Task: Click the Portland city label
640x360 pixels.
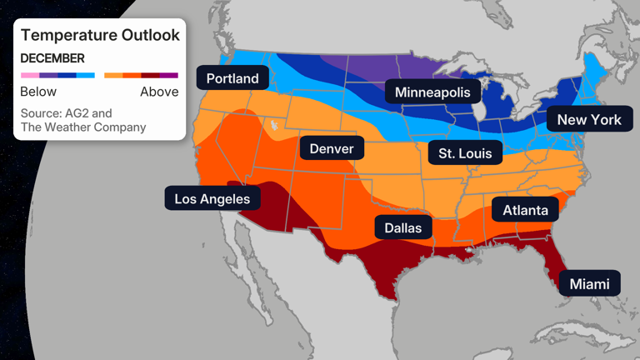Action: point(232,79)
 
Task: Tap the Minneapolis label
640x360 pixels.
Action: point(432,92)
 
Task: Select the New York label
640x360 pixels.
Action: point(589,119)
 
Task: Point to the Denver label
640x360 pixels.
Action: point(332,149)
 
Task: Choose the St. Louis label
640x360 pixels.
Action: point(465,153)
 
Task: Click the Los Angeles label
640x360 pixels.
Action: point(212,198)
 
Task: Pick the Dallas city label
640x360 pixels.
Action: point(403,227)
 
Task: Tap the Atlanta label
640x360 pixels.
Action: point(525,210)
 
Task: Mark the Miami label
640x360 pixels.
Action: point(589,284)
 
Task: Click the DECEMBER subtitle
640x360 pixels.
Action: point(52,58)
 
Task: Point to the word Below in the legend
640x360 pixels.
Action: point(38,92)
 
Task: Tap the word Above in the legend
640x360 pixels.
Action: point(159,92)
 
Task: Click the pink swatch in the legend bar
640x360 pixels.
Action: point(30,75)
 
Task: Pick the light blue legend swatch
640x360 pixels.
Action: point(86,75)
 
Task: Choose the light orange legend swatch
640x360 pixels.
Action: point(113,75)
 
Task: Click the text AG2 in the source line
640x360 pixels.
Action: point(77,112)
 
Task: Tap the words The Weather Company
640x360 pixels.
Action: point(83,127)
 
